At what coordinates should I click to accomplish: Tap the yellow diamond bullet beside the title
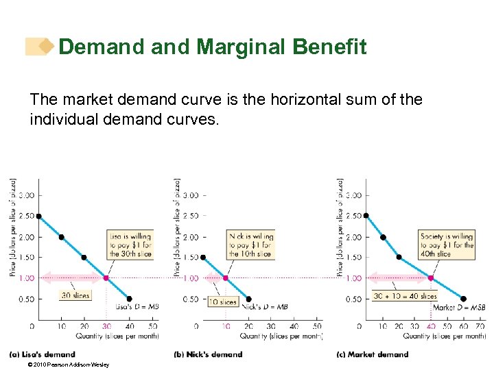point(46,46)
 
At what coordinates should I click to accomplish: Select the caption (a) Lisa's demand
point(42,354)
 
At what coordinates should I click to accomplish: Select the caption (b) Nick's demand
point(209,354)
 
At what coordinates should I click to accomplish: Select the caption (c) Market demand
point(373,354)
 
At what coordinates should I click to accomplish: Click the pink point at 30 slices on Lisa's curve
point(106,278)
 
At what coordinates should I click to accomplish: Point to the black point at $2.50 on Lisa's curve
point(38,216)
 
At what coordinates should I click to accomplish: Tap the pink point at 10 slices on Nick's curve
point(226,278)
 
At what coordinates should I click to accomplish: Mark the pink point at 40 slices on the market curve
point(430,278)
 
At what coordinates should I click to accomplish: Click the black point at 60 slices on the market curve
point(463,299)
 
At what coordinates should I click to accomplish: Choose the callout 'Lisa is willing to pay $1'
point(130,245)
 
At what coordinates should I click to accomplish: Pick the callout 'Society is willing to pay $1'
point(447,245)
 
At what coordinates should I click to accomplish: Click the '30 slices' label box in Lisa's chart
point(74,295)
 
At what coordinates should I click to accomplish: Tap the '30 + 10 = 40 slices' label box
point(405,296)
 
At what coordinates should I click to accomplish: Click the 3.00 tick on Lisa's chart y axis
point(26,195)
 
